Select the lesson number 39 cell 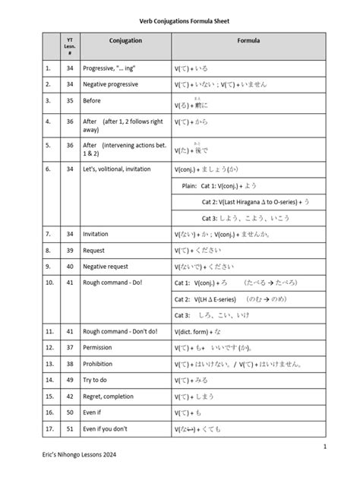pos(70,249)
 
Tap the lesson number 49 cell pos(70,380)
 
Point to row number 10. pos(49,283)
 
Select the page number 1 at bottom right pos(324,447)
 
